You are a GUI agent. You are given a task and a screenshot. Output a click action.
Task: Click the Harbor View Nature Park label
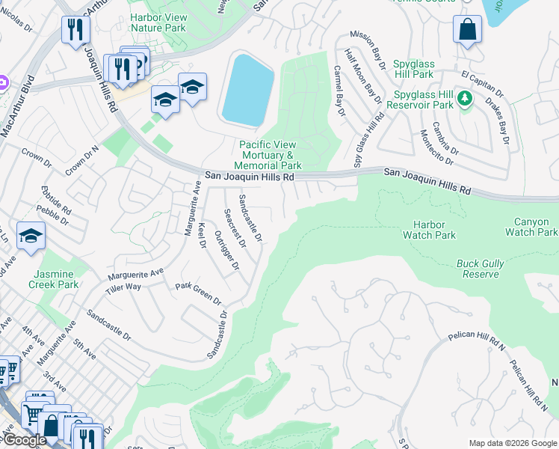click(x=158, y=22)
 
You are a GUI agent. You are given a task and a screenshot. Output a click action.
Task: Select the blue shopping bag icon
click(x=467, y=30)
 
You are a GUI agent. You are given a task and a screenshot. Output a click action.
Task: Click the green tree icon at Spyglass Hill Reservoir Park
click(x=464, y=98)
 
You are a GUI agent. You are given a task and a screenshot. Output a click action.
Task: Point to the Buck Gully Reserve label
click(x=480, y=269)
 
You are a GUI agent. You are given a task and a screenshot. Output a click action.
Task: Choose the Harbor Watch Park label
click(x=429, y=230)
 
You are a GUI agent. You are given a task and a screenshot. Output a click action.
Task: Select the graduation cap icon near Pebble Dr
click(x=31, y=236)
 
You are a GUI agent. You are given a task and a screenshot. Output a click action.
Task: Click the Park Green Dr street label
click(x=198, y=293)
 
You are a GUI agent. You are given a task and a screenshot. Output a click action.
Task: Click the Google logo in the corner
click(x=24, y=440)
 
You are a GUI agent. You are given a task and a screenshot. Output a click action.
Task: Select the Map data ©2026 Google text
click(x=513, y=443)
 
